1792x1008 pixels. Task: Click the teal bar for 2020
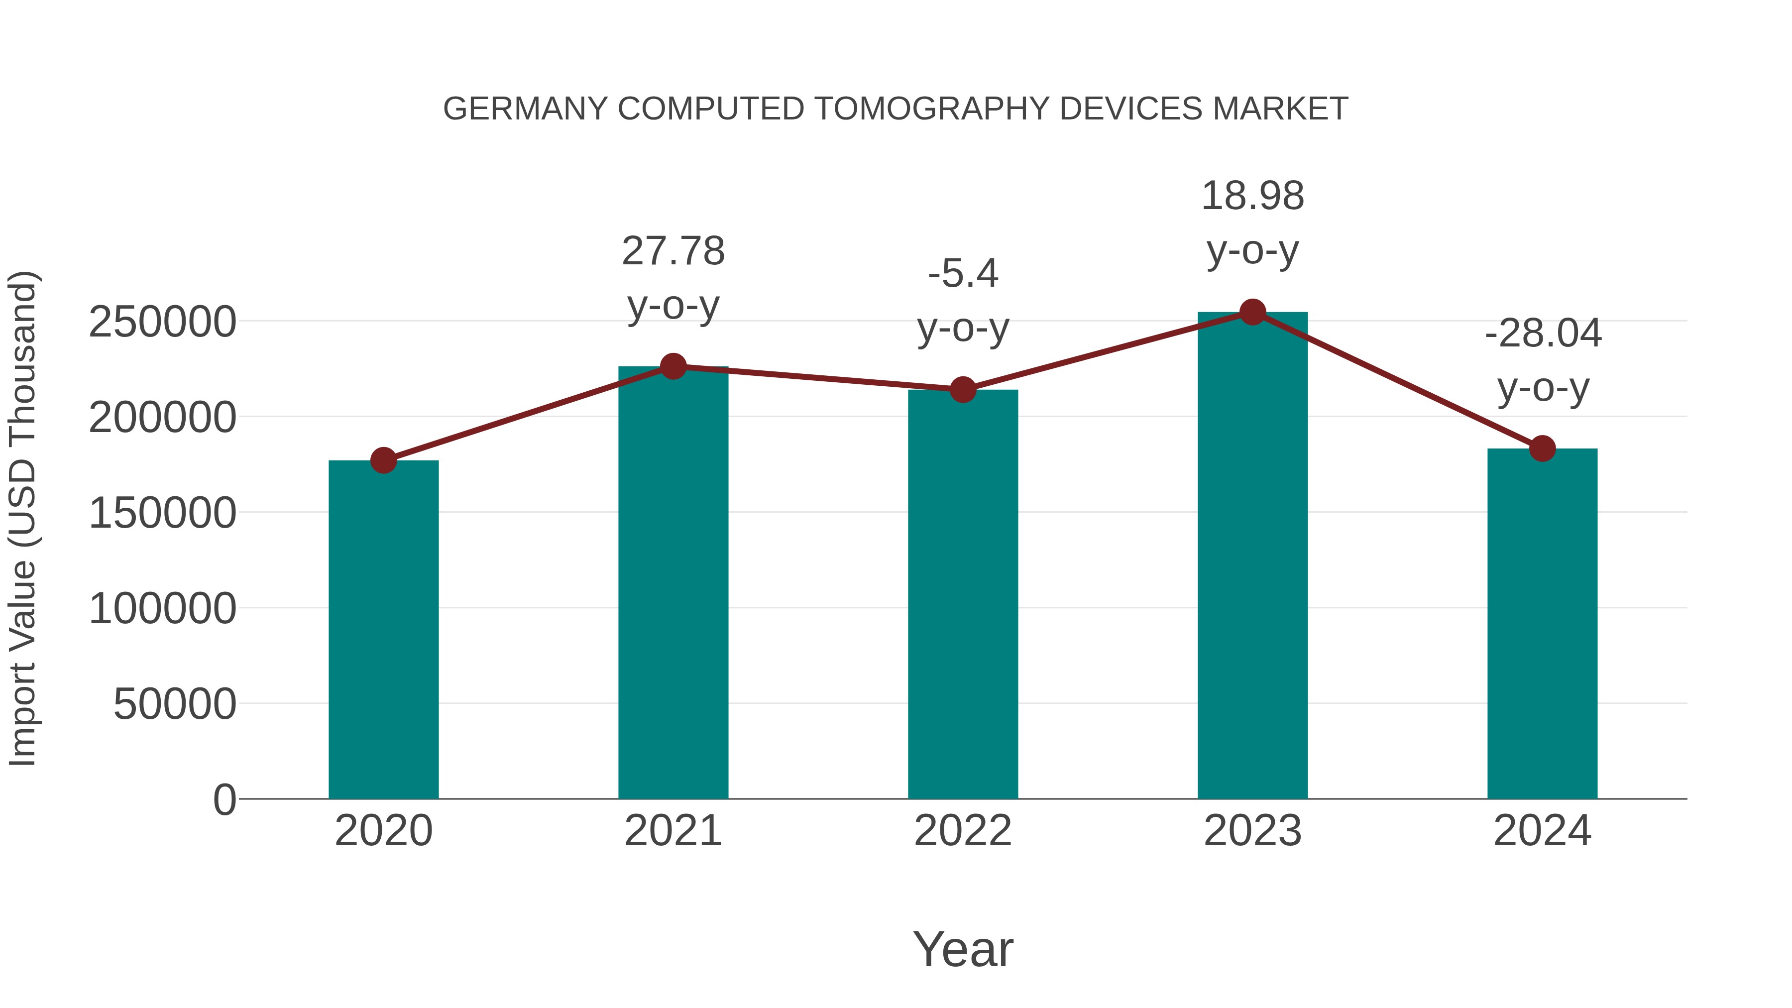383,630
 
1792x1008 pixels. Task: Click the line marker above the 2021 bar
672,366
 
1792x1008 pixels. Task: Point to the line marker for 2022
962,390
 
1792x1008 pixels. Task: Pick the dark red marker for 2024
1542,448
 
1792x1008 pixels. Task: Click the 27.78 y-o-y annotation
672,278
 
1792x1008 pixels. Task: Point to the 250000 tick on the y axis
162,322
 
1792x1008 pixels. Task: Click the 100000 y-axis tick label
162,609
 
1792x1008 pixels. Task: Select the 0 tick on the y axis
224,799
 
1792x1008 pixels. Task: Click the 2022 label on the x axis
962,831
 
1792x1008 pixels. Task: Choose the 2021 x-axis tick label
672,831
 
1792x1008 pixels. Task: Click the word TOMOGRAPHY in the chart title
932,109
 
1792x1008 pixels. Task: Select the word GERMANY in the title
525,109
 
